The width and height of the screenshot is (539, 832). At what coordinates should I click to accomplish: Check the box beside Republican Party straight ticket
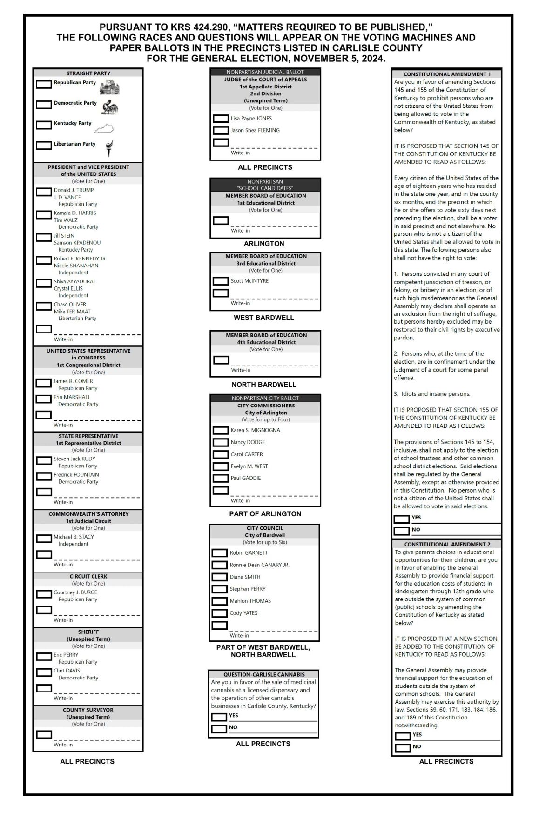tap(44, 84)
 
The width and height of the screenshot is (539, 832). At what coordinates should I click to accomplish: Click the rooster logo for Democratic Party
tap(110, 106)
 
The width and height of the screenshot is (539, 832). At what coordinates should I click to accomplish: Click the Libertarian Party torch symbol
tap(109, 147)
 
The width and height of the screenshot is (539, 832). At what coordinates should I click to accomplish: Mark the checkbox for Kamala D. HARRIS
tap(44, 215)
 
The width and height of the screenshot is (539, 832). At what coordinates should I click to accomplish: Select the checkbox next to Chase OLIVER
tap(44, 306)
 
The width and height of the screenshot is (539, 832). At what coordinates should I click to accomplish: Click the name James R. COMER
tap(73, 381)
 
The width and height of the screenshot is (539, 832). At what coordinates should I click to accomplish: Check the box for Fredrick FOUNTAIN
tap(44, 476)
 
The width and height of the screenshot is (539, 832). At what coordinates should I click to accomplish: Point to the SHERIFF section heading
tap(88, 632)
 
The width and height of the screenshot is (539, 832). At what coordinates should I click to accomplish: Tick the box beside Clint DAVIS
tap(44, 672)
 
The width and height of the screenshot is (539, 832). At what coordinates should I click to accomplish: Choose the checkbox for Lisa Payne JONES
tap(221, 119)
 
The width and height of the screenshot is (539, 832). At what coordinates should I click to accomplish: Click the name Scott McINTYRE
tap(249, 281)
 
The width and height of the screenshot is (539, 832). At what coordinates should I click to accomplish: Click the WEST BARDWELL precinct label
tap(264, 318)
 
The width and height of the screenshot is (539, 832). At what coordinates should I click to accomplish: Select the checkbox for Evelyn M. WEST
tap(221, 466)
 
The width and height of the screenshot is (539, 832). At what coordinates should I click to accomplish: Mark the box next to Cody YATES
tap(219, 613)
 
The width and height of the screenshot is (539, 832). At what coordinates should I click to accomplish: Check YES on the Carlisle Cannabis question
tap(219, 717)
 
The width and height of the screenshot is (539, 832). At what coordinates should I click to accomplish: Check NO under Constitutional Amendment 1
tap(401, 531)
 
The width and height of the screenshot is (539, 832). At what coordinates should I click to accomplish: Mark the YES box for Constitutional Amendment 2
tap(403, 736)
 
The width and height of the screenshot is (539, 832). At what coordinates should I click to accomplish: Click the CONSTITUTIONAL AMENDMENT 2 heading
tap(447, 544)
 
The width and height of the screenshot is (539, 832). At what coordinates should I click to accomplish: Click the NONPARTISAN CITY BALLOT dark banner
tap(265, 398)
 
